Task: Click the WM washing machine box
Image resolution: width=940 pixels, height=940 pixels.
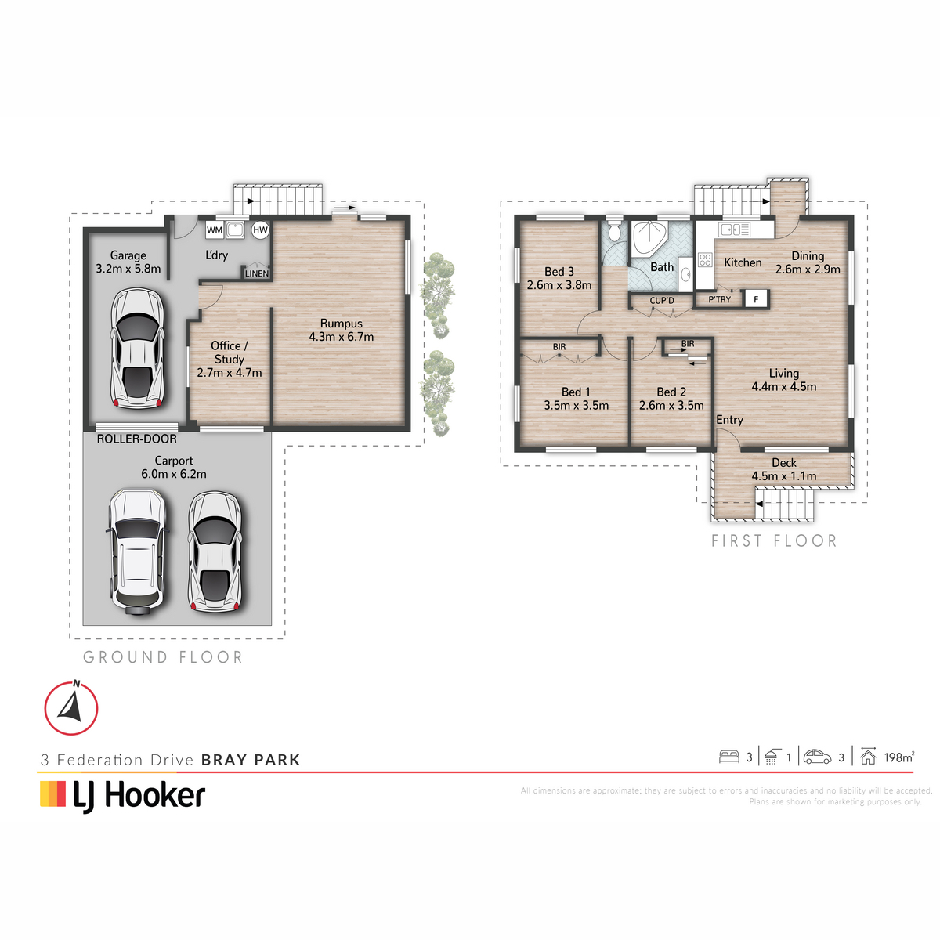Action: point(215,230)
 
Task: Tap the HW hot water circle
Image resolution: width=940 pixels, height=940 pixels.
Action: point(261,230)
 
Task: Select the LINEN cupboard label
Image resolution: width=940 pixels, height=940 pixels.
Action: point(257,273)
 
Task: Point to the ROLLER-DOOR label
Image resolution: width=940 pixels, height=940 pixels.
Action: point(136,439)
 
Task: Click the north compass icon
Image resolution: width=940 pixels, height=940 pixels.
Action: point(71,707)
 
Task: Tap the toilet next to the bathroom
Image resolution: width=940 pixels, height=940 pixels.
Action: point(613,232)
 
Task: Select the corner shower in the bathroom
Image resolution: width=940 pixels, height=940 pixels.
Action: point(652,239)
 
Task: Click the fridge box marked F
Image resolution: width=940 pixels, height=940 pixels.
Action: point(756,298)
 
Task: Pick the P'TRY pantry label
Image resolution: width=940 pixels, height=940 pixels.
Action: point(720,299)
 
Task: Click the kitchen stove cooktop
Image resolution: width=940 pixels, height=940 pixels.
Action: point(705,260)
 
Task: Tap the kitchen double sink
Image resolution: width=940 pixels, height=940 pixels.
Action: point(735,229)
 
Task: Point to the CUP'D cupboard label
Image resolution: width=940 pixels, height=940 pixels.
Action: point(662,301)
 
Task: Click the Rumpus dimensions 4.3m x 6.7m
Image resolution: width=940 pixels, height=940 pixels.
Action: point(342,337)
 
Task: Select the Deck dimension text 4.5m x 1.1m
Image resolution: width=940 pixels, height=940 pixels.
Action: point(784,476)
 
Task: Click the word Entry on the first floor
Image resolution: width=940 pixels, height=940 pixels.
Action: point(730,420)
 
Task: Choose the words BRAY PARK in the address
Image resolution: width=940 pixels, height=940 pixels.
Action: point(251,760)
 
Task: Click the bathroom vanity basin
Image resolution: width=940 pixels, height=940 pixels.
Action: point(685,275)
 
